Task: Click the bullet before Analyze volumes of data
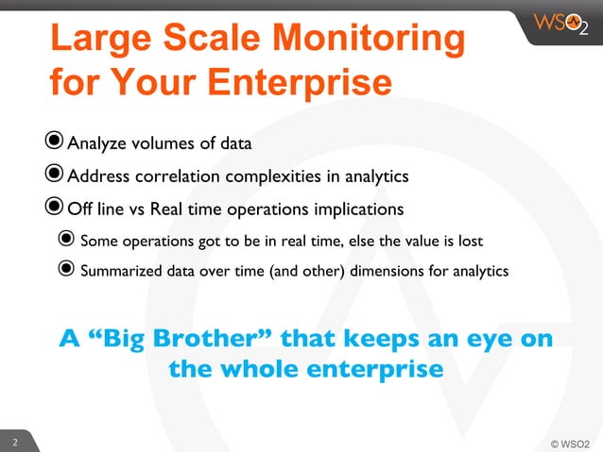pos(56,142)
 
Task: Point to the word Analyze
pos(99,144)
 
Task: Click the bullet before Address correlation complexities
pos(56,175)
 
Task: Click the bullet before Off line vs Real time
pos(56,207)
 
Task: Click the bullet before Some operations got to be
pos(66,240)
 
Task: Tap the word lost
pos(471,240)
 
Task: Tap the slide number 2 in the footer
pos(14,442)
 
